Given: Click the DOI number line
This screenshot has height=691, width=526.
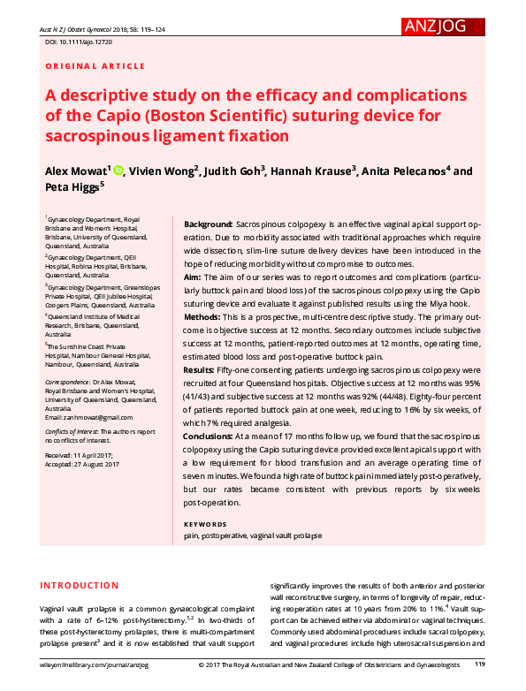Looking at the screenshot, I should [x=79, y=42].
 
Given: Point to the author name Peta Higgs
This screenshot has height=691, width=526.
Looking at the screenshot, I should [x=72, y=187].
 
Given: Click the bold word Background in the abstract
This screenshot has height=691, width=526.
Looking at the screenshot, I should [x=209, y=226].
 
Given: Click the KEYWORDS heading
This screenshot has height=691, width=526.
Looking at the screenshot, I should [x=205, y=524].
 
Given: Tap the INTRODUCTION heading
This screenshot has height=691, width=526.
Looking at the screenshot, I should [x=80, y=586].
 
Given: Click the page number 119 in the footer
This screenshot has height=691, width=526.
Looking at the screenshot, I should [x=480, y=664].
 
